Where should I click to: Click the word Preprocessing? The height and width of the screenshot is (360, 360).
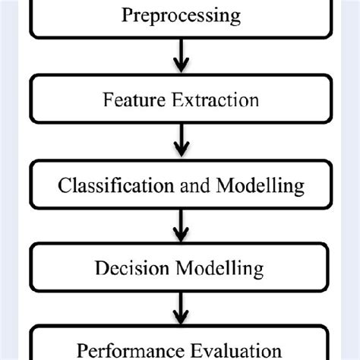pos(180,14)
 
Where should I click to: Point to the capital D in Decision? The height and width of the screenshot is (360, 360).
pos(101,268)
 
